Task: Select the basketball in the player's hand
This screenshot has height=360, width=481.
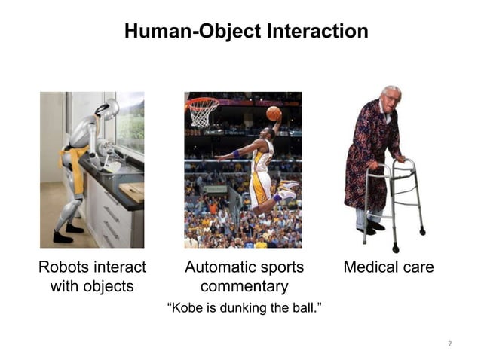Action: pyautogui.click(x=273, y=114)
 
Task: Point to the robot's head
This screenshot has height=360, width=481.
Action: pyautogui.click(x=109, y=108)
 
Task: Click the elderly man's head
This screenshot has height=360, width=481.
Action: pyautogui.click(x=391, y=99)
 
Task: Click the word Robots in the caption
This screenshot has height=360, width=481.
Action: pyautogui.click(x=63, y=267)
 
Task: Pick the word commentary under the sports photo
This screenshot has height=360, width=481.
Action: pyautogui.click(x=244, y=287)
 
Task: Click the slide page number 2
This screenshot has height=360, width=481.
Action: pyautogui.click(x=449, y=344)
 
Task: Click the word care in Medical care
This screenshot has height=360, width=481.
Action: pyautogui.click(x=418, y=267)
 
